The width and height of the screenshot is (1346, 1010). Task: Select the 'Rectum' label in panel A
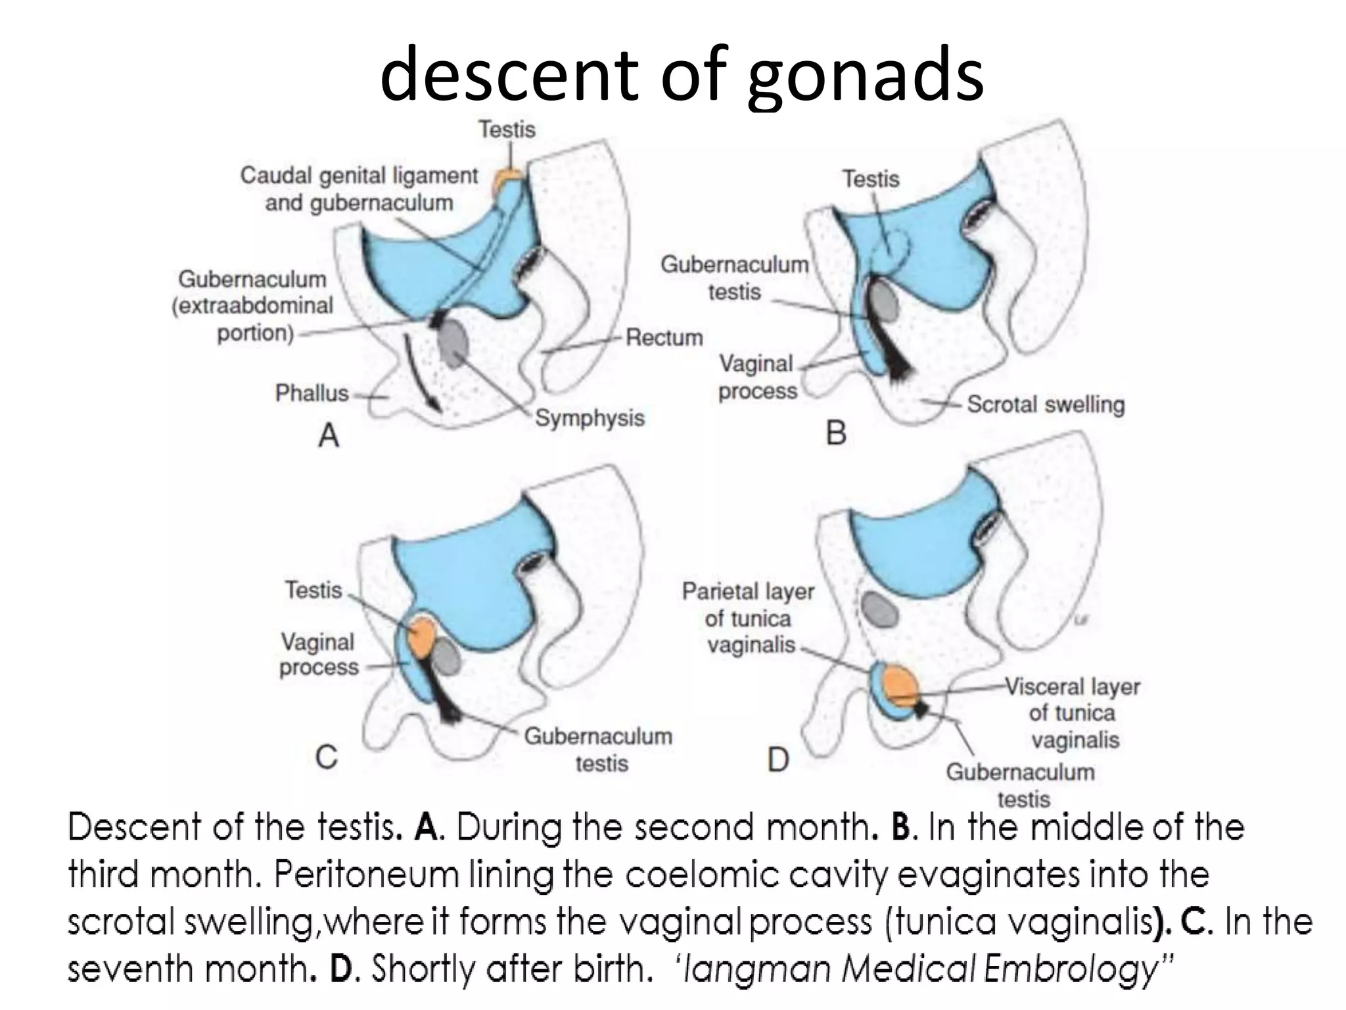[x=664, y=337]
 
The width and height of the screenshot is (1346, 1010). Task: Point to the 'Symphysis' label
[x=590, y=418]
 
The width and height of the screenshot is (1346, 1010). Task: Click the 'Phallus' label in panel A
[x=312, y=393]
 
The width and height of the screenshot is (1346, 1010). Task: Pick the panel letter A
[x=329, y=435]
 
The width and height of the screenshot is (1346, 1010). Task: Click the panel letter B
[x=835, y=433]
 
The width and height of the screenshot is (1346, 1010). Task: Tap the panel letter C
[x=327, y=757]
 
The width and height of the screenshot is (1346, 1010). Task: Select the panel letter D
[x=778, y=760]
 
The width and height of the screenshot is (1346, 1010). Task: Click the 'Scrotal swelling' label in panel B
[x=1046, y=404]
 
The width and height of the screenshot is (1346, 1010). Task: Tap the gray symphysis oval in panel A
[x=453, y=342]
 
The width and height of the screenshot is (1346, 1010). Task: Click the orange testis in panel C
[x=421, y=635]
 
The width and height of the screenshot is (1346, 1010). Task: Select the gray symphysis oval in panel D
[x=879, y=609]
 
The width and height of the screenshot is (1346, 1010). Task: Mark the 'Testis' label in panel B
[x=871, y=179]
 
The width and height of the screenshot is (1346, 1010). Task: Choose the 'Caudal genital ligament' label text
[x=359, y=176]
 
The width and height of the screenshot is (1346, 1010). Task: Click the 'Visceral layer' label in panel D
[x=1073, y=686]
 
